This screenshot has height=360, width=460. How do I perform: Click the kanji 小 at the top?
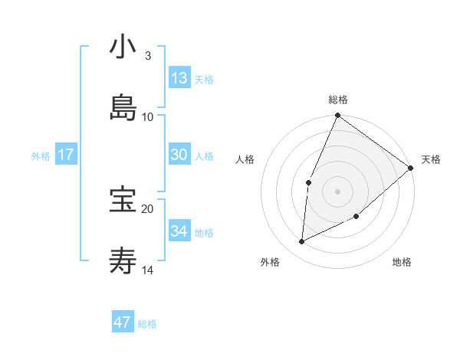point(123,47)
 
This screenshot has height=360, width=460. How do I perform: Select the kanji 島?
point(123,108)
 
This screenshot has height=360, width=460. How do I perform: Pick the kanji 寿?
point(123,261)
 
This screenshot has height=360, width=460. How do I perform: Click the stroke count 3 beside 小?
point(147,55)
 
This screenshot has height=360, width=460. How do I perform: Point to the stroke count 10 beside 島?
point(148,116)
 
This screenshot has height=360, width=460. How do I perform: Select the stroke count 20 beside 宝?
point(148,208)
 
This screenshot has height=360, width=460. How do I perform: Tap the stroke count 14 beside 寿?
point(148,270)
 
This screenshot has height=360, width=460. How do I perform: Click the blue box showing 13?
point(179,78)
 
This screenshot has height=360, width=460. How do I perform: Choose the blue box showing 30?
point(179,155)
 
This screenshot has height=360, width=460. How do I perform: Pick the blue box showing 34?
point(179,231)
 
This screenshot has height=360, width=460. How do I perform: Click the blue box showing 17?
point(66,155)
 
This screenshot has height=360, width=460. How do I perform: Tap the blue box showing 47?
point(123,322)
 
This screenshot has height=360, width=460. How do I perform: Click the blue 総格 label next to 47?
point(147,324)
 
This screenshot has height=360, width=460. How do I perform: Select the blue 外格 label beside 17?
point(41,156)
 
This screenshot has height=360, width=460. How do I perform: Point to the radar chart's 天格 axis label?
point(431,159)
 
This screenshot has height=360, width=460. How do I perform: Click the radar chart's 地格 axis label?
point(402,263)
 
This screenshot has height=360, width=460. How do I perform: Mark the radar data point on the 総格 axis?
point(337,116)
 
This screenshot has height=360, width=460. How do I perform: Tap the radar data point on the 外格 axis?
point(302,241)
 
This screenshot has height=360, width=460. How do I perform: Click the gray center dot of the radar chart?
point(337,191)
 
